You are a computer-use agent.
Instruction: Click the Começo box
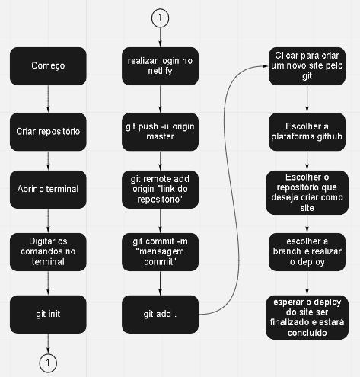coord(48,66)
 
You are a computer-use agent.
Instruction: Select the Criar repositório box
coord(48,132)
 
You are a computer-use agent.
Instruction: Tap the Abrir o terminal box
coord(48,190)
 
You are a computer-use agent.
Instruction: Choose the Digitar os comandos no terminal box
coord(48,252)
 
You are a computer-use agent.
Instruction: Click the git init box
coord(48,315)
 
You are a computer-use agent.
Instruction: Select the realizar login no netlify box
coord(160,66)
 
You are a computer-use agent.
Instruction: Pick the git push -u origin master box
coord(160,132)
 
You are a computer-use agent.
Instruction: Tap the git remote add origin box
coord(160,190)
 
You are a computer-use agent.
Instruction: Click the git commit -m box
coord(160,252)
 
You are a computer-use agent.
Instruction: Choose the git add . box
coord(160,315)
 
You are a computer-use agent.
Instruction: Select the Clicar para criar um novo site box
coord(307,66)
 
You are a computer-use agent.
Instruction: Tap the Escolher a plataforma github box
coord(307,132)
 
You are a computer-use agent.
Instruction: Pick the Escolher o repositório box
coord(307,193)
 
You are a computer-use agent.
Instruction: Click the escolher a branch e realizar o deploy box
coord(307,252)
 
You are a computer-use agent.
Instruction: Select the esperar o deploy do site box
coord(307,318)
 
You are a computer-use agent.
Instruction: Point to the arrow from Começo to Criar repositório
coord(48,99)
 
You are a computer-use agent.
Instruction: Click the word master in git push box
coord(161,136)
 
